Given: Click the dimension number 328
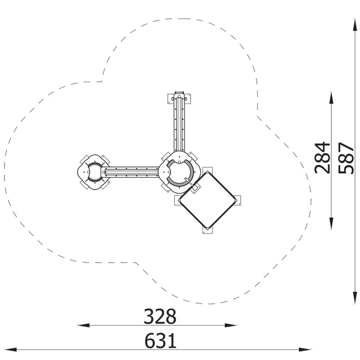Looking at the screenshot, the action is (x=160, y=316).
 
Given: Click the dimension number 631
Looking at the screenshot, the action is (x=160, y=341).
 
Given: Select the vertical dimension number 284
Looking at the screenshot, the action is (x=322, y=157).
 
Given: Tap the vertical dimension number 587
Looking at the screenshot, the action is (x=346, y=158).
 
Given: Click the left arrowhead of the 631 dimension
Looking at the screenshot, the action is (x=11, y=350).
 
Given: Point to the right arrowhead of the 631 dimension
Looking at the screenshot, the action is (x=305, y=350).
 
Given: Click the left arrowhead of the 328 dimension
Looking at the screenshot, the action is (x=84, y=325).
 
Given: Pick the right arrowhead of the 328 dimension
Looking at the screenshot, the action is (x=231, y=325).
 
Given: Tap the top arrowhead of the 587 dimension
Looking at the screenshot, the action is (x=355, y=25).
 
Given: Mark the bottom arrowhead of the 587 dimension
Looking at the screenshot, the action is (x=355, y=298).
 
